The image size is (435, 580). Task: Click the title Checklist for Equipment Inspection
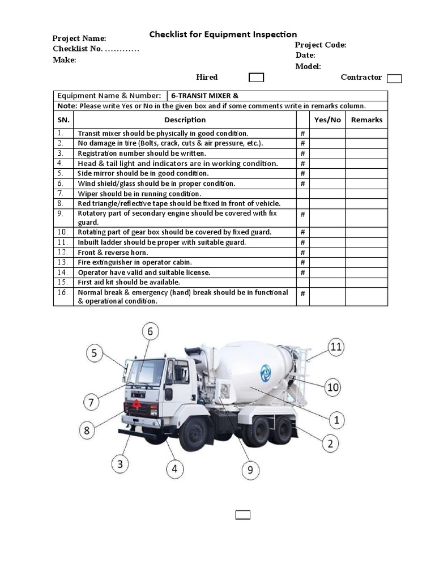click(223, 35)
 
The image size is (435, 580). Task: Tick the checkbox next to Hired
click(256, 78)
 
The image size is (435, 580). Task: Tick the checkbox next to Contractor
click(394, 79)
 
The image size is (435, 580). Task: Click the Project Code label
click(320, 45)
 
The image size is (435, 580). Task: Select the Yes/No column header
click(327, 120)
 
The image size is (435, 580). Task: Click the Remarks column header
click(366, 120)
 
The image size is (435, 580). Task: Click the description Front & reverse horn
click(113, 252)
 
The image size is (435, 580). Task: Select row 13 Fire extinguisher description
click(135, 262)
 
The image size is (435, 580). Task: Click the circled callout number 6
click(150, 332)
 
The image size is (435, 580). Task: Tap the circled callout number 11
click(336, 347)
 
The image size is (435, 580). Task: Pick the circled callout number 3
click(120, 465)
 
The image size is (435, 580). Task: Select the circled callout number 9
click(250, 470)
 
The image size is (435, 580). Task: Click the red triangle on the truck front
click(137, 404)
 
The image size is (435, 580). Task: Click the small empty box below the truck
click(243, 514)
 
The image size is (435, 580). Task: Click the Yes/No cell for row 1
click(327, 133)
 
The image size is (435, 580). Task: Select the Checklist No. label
click(78, 49)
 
